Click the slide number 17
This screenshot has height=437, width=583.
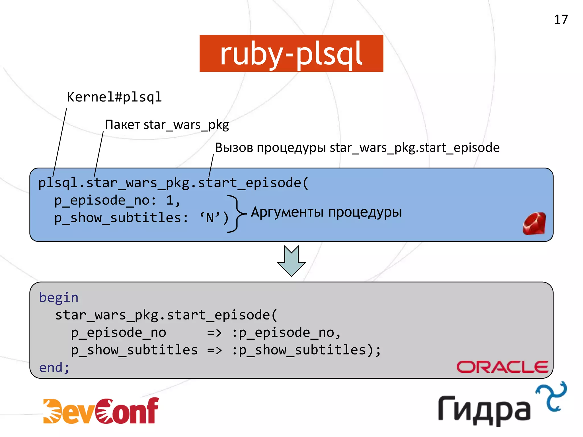[x=561, y=20]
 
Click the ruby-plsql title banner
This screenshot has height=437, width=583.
[x=291, y=53]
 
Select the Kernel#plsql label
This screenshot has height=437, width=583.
[x=114, y=97]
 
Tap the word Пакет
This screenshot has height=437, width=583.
[x=122, y=125]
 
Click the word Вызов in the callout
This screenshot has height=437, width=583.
[x=234, y=148]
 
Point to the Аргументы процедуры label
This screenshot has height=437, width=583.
[x=326, y=212]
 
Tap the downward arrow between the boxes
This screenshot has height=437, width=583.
[x=291, y=261]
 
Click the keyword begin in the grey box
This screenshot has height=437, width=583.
[x=59, y=298]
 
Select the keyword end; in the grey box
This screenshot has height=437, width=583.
[x=54, y=368]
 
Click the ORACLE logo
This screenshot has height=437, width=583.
[x=502, y=367]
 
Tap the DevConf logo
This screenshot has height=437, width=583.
[x=101, y=411]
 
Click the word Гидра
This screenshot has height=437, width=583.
[x=484, y=410]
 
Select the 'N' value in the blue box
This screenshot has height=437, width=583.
[x=210, y=218]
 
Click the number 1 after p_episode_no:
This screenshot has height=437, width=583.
[x=170, y=201]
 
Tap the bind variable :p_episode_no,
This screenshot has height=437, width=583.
[x=286, y=333]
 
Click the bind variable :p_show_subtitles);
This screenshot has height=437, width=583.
[x=306, y=350]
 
